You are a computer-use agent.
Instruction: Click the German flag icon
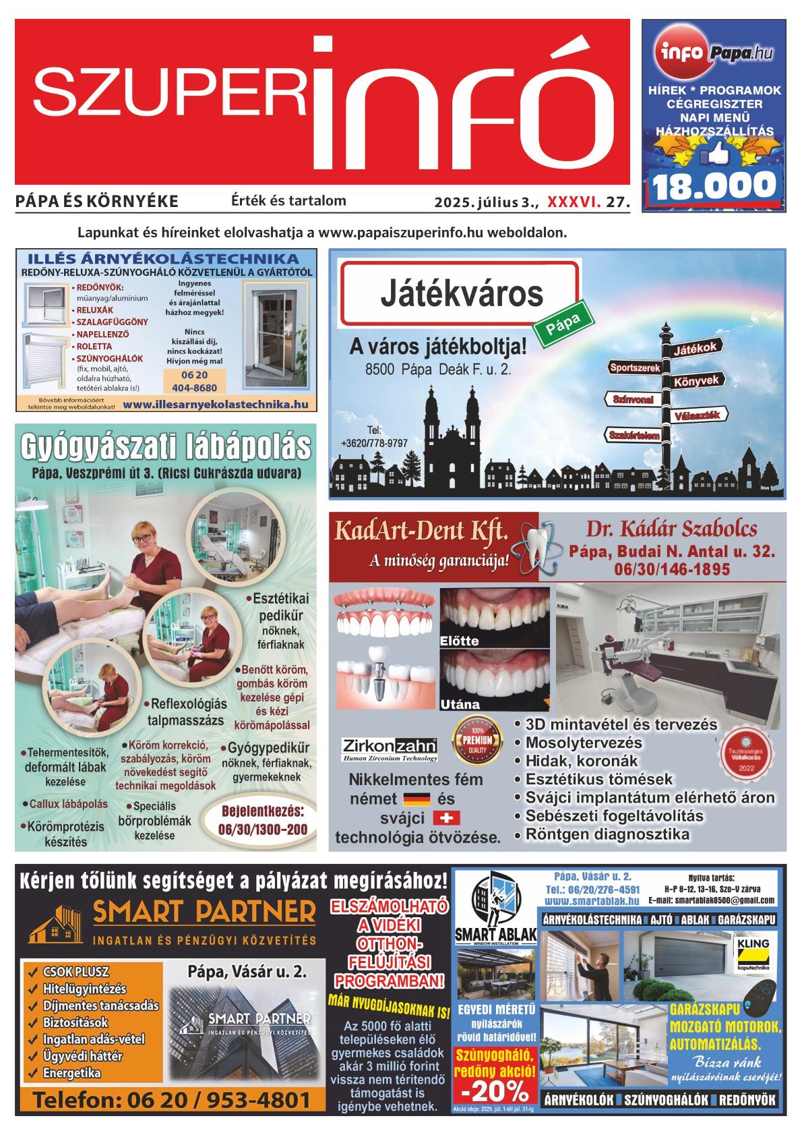tap(416, 800)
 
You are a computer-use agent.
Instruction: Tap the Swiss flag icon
tap(444, 818)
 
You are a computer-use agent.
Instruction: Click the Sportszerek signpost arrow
tap(635, 368)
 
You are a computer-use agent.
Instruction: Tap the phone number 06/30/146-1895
tap(672, 569)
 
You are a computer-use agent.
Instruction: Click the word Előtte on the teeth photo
tap(459, 641)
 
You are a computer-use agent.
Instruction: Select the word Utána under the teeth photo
tap(460, 704)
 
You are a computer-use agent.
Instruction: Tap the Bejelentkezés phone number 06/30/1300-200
tap(263, 829)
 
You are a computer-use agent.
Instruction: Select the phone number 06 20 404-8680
tap(195, 381)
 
